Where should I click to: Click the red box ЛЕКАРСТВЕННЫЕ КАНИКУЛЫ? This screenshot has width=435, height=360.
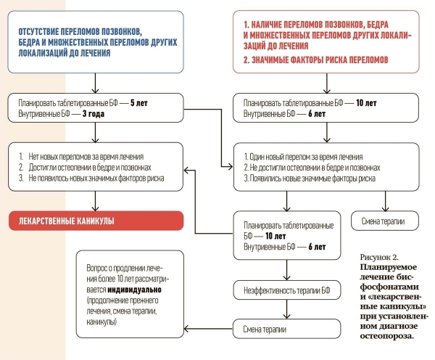[x=94, y=220]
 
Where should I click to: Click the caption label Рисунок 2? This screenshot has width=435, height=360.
[x=379, y=258]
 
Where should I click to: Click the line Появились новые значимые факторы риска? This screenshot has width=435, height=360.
[x=310, y=177]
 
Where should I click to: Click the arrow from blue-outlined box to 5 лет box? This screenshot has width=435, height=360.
[x=94, y=83]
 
